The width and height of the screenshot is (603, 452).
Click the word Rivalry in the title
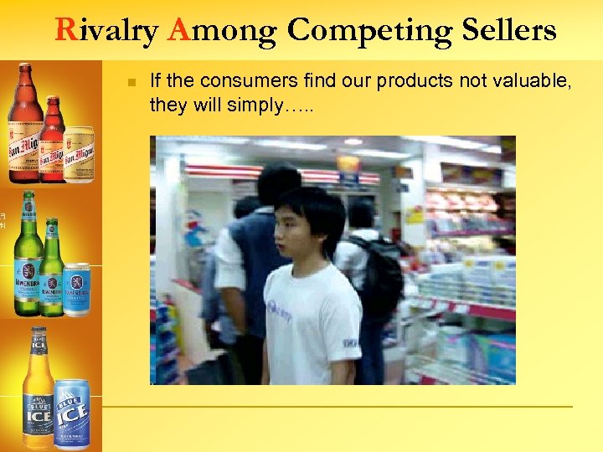click(107, 30)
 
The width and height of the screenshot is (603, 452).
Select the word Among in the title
click(222, 30)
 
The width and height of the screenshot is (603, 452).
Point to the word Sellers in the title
click(508, 30)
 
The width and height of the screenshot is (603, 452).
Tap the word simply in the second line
click(246, 105)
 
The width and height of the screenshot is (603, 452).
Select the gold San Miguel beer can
click(79, 154)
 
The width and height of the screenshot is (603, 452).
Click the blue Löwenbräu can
click(76, 289)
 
